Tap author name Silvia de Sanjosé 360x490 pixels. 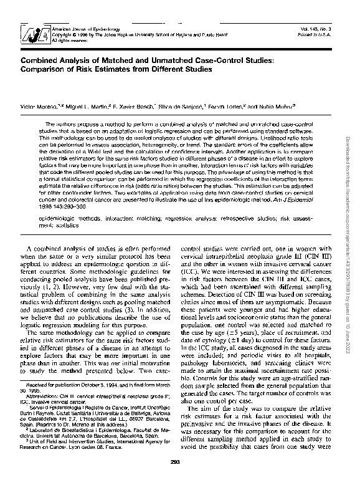point(182,107)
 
